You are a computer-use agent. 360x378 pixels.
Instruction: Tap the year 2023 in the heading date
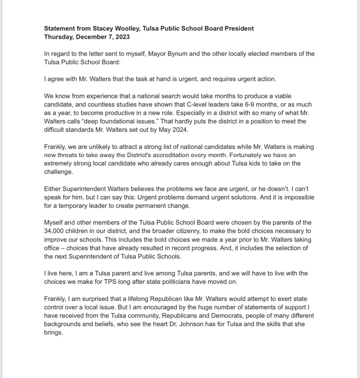(122, 37)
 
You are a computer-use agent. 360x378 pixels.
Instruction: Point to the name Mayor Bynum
(168, 54)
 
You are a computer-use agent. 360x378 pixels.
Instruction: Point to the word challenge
(58, 172)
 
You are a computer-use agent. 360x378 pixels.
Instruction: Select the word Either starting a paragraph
(52, 189)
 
